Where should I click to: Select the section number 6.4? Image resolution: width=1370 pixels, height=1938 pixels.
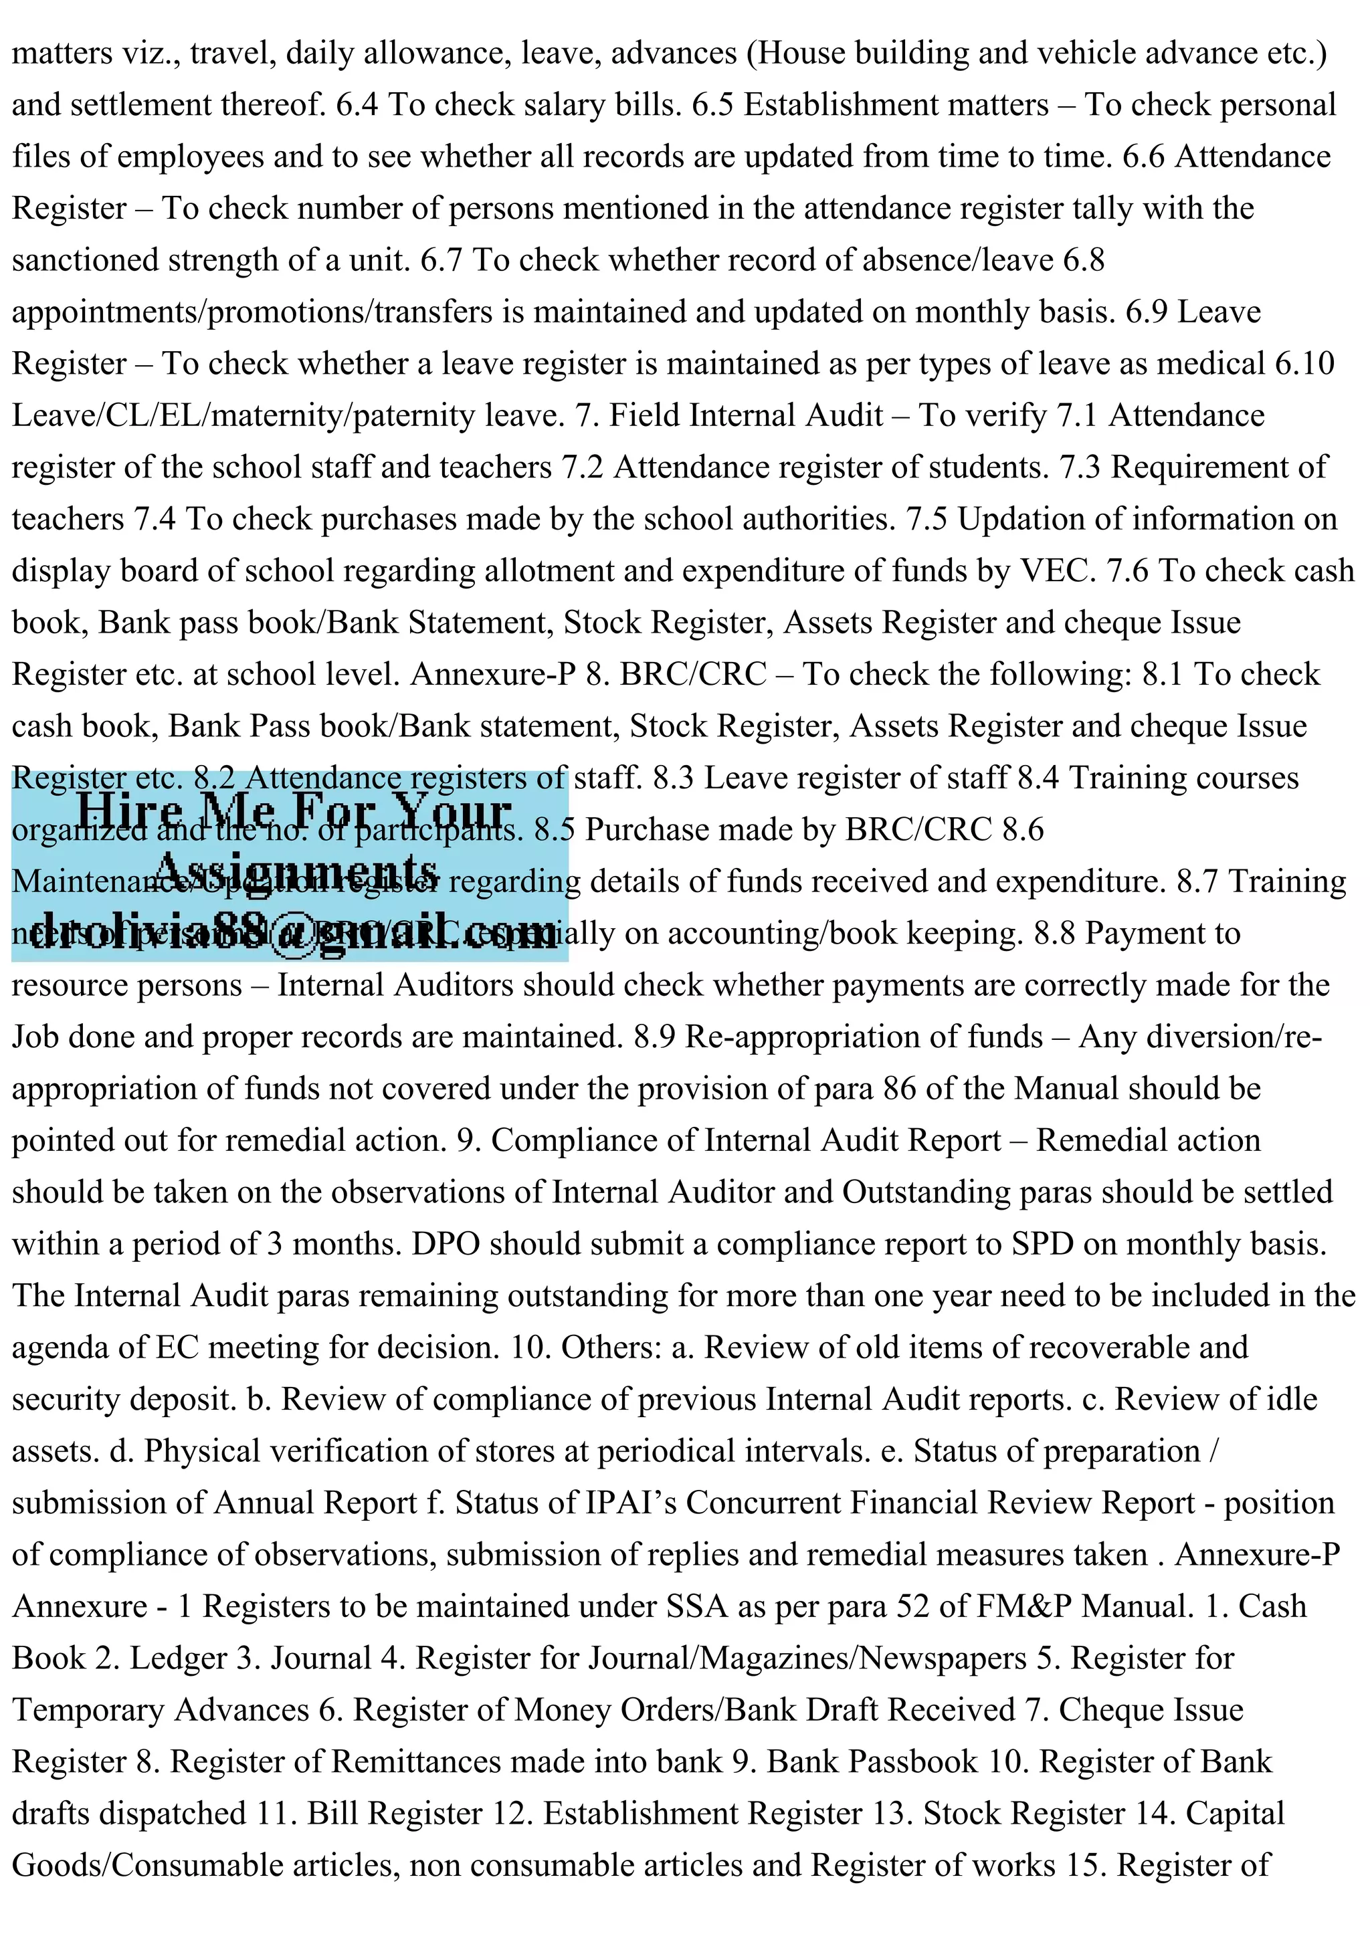click(357, 105)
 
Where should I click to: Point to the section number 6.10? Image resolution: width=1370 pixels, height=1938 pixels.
click(1304, 364)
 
